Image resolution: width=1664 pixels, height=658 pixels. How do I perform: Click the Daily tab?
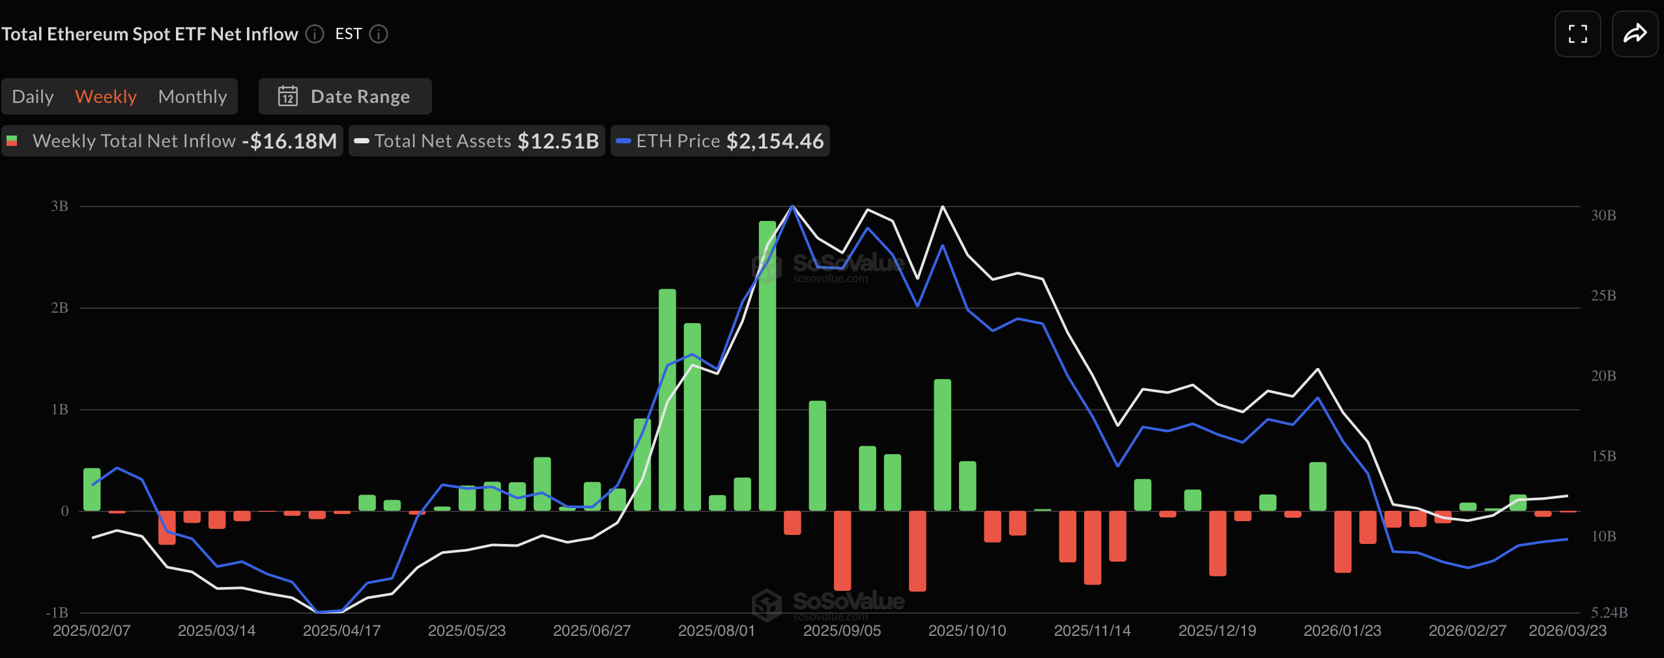(x=33, y=96)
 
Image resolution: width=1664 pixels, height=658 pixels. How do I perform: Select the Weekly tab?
(x=106, y=96)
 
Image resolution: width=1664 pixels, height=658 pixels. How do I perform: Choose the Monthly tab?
(x=192, y=96)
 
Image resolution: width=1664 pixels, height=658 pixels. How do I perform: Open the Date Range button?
(x=345, y=96)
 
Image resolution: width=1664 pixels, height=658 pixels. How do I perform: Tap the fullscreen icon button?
(x=1577, y=34)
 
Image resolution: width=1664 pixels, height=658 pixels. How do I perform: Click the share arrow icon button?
(x=1635, y=34)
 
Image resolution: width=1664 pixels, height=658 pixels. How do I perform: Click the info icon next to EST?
(x=379, y=34)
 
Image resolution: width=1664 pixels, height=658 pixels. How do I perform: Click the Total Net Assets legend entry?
(x=477, y=141)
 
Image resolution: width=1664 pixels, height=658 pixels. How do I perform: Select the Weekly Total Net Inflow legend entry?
(x=173, y=141)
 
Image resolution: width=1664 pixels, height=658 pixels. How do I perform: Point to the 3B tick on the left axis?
(x=59, y=207)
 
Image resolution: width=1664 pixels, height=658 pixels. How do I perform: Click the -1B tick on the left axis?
(x=57, y=613)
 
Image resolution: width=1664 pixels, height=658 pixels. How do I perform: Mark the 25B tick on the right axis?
(x=1603, y=296)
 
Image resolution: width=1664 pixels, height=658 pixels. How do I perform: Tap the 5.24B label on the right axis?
(x=1609, y=613)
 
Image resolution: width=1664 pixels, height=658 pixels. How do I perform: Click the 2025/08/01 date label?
(x=717, y=631)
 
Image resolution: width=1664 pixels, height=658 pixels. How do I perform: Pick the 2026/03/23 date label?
(x=1568, y=631)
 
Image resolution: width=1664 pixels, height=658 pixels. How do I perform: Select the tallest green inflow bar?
(x=767, y=365)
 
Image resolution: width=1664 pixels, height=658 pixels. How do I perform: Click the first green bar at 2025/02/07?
(x=92, y=489)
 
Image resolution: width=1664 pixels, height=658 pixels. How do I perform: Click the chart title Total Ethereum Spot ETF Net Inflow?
(x=150, y=34)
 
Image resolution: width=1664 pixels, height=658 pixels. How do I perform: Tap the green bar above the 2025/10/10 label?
(x=968, y=485)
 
